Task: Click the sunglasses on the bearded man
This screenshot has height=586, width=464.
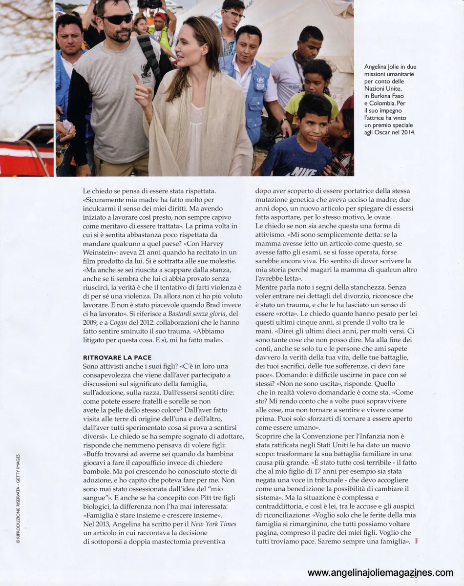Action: (117, 19)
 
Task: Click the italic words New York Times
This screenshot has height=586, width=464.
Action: (213, 524)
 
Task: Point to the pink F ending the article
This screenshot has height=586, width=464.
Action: (416, 541)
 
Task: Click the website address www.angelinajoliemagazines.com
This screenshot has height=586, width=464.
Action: (380, 573)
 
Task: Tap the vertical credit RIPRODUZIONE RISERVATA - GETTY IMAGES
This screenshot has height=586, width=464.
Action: (18, 499)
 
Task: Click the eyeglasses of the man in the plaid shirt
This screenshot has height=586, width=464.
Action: (235, 14)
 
